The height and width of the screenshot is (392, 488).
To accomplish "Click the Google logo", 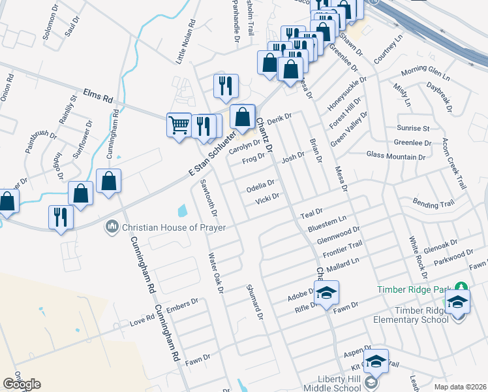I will pyautogui.click(x=22, y=384).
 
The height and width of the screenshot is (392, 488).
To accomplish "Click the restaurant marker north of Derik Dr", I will pyautogui.click(x=226, y=86).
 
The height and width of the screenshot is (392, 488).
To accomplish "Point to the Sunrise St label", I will pyautogui.click(x=412, y=129).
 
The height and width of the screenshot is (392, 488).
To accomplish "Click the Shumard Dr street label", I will pyautogui.click(x=254, y=302).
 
